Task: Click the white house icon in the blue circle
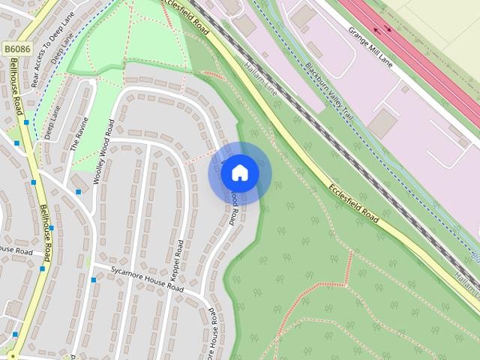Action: click(239, 173)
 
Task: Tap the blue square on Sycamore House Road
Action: click(93, 280)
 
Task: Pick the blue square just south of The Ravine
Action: click(78, 192)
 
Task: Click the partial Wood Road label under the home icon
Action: click(234, 207)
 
